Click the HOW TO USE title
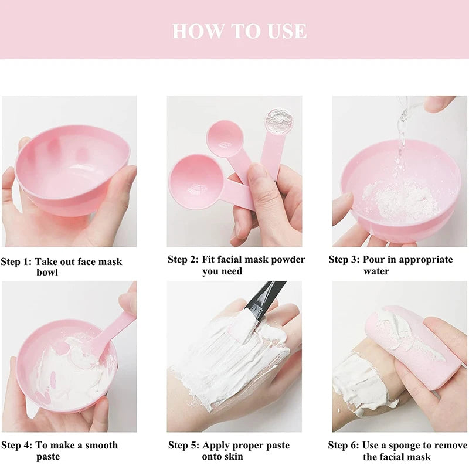click(x=239, y=31)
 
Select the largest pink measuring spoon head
click(x=196, y=182)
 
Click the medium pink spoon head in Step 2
click(x=225, y=138)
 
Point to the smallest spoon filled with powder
click(x=279, y=121)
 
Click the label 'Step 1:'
click(x=16, y=261)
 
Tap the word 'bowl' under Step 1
click(x=47, y=273)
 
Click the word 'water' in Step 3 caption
click(x=376, y=271)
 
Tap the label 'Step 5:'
click(x=183, y=446)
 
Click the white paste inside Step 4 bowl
click(x=72, y=374)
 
